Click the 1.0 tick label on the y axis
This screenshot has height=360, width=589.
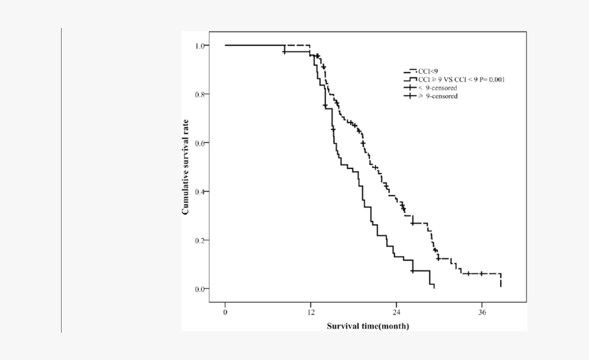coord(199,46)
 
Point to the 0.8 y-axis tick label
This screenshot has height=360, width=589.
coord(199,94)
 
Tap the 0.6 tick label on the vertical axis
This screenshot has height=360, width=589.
coord(199,143)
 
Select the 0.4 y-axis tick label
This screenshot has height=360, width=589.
coord(199,192)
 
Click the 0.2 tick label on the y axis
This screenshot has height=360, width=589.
coord(199,240)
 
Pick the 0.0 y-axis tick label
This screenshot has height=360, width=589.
coord(199,289)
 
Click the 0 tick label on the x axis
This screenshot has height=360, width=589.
coord(225,312)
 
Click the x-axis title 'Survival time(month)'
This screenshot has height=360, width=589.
coord(368,326)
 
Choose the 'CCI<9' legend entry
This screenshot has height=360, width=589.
coord(428,70)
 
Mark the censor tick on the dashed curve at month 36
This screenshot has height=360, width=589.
coord(481,274)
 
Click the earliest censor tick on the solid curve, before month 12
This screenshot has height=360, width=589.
coord(284,52)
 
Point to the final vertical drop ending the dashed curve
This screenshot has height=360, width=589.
coord(501,279)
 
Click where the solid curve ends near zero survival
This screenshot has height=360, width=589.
coord(434,287)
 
